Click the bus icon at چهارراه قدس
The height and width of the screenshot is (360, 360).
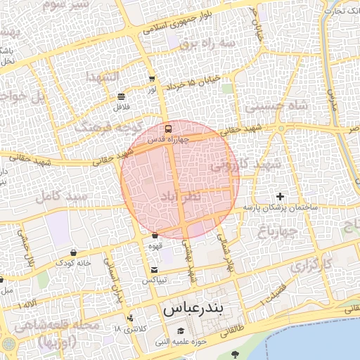pos(167,129)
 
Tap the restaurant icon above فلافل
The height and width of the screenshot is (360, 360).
pos(122,96)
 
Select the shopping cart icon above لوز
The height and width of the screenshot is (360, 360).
pos(152,79)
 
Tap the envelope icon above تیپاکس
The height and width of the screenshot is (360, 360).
pos(154,269)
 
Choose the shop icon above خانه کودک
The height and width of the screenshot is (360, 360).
pos(74,252)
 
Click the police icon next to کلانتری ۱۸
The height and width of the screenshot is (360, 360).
pos(130,318)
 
